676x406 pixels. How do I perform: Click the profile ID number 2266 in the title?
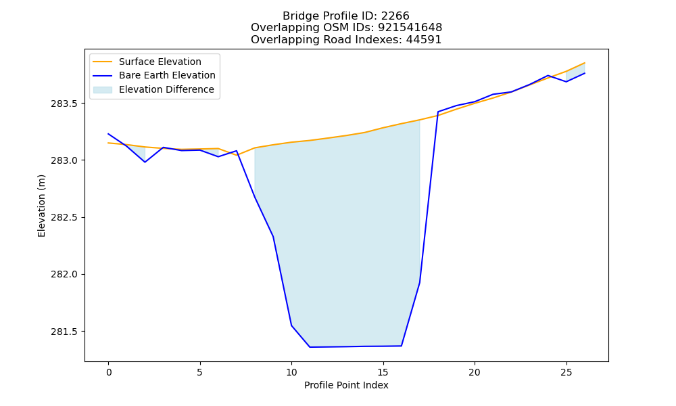(x=395, y=16)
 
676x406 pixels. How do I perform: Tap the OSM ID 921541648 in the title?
(x=410, y=28)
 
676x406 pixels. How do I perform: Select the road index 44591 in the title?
(x=423, y=40)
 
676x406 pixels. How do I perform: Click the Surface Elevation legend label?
(x=160, y=62)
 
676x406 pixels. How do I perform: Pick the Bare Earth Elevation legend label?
(x=167, y=75)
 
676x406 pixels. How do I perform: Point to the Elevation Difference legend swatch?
(x=103, y=89)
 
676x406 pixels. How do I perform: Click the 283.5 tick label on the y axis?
(x=64, y=104)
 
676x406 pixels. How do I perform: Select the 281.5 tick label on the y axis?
(x=64, y=332)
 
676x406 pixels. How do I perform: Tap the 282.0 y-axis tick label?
(x=64, y=275)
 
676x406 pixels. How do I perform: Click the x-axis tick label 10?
(x=291, y=372)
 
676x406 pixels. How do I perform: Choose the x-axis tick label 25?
(x=566, y=372)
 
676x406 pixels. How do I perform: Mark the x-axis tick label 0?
(x=109, y=372)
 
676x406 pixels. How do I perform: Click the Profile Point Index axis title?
(x=346, y=385)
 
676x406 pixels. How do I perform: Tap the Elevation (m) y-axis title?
(x=41, y=206)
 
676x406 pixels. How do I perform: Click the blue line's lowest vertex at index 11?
(x=310, y=347)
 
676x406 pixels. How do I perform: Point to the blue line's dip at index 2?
(x=145, y=162)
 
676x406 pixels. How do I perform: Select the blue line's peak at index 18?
(x=438, y=112)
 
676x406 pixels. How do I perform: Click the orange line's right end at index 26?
(x=585, y=63)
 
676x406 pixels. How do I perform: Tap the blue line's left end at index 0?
(x=108, y=134)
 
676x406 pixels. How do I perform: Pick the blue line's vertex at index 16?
(x=402, y=346)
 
